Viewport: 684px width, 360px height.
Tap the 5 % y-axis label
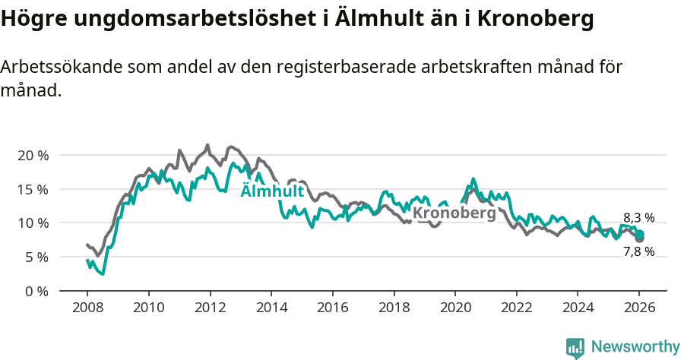36,257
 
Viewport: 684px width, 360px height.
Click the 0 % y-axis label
36,292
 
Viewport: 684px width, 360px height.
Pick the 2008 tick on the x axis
87,309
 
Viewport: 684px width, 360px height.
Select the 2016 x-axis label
332,309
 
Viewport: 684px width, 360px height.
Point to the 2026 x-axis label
639,309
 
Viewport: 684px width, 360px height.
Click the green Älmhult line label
272,191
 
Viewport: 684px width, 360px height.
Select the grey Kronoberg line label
454,213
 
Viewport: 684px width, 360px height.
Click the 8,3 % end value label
639,217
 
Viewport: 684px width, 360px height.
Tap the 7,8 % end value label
639,251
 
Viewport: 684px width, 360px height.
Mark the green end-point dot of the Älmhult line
640,234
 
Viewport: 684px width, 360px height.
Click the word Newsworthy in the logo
635,347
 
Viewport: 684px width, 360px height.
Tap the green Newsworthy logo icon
575,347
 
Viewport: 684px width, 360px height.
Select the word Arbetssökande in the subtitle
51,67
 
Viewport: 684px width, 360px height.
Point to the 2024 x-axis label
578,309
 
